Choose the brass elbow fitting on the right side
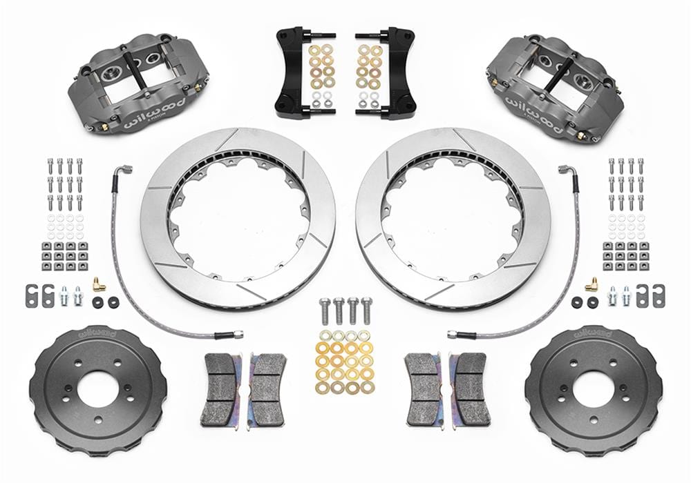tap(591, 284)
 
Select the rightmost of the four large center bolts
tap(366, 310)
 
